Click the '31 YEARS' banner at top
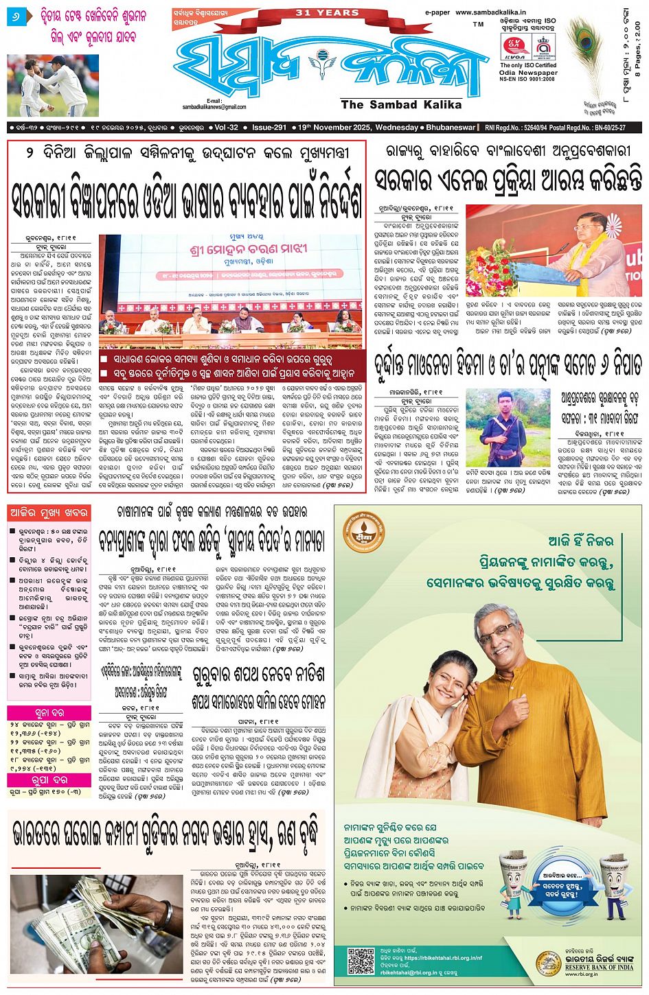point(327,12)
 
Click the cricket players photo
point(53,86)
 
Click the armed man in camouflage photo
point(507,428)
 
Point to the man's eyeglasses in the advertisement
point(497,631)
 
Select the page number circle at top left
point(14,15)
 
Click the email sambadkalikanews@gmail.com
point(214,107)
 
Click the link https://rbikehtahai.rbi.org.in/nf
point(443,958)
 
